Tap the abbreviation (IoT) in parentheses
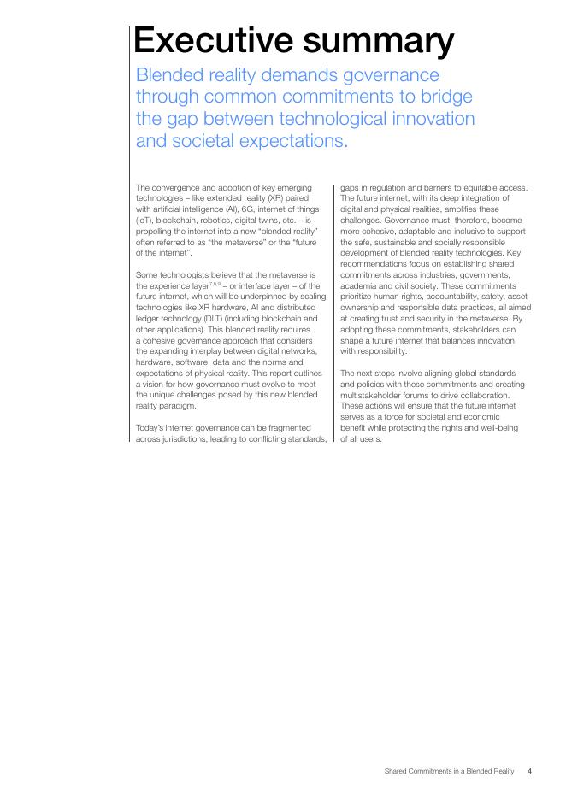coord(145,221)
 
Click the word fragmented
coord(297,427)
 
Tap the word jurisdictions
coord(186,438)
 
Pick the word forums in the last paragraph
coord(410,395)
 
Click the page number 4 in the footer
coord(529,771)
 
